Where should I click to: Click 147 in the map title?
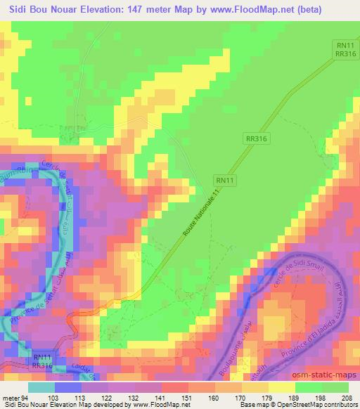click(155, 8)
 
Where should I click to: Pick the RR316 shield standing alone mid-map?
click(258, 139)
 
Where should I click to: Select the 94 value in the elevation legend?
click(26, 398)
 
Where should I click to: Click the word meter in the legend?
click(11, 398)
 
